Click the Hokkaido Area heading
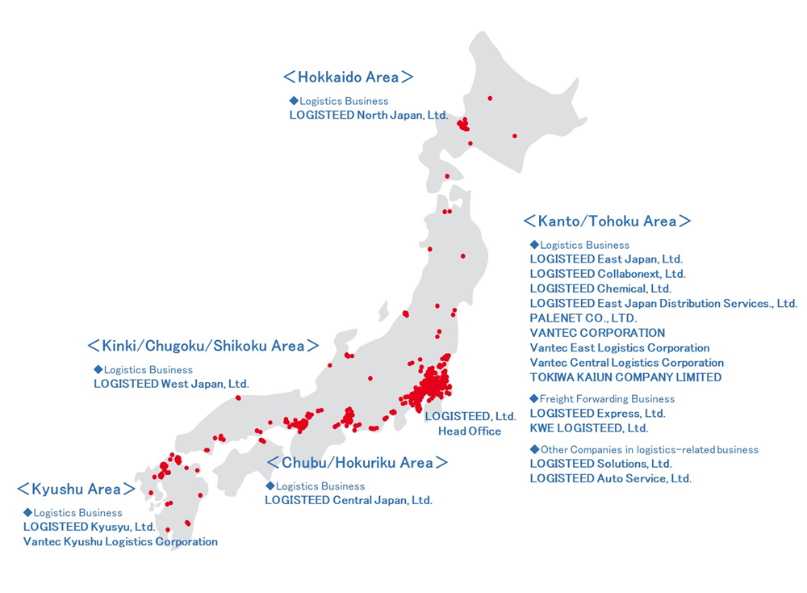click(x=348, y=78)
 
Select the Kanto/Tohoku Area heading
click(x=607, y=221)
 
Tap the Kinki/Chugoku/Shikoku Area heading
click(x=203, y=346)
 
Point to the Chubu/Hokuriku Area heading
click(x=358, y=463)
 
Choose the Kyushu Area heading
click(x=76, y=490)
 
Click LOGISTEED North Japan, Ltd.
click(x=368, y=116)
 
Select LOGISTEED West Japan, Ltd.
click(x=171, y=384)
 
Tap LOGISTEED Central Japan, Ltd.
click(x=348, y=500)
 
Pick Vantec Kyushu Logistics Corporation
click(x=120, y=541)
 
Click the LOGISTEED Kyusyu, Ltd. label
click(x=89, y=527)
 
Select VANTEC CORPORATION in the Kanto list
click(x=597, y=333)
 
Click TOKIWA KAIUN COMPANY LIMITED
click(x=625, y=377)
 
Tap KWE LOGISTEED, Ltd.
click(x=588, y=428)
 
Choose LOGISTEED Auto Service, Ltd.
click(x=610, y=478)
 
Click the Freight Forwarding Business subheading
click(x=606, y=399)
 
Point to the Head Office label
click(x=470, y=431)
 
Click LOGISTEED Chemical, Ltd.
click(x=600, y=288)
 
